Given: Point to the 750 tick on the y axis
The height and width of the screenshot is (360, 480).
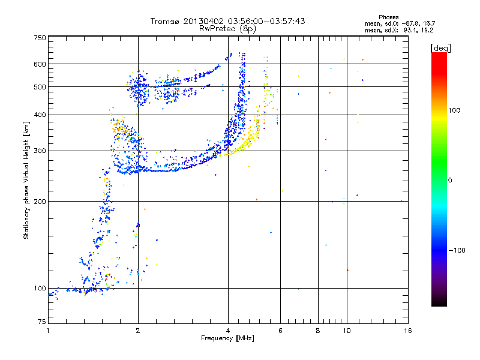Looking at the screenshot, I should point(40,38).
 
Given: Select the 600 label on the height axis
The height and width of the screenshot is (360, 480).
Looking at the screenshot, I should point(40,64).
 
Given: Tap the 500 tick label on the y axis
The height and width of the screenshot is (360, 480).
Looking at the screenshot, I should point(40,87).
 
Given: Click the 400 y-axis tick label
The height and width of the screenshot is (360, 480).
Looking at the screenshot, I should point(40,115).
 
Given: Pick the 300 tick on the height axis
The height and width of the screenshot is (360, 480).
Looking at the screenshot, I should point(40,151).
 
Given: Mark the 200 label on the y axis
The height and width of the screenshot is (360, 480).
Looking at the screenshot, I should point(40,202).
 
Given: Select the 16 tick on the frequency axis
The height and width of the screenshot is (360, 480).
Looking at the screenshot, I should point(407,331).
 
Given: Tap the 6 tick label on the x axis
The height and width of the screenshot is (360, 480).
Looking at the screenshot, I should point(280,331).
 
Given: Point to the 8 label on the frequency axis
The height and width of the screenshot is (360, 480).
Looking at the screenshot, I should point(318,331).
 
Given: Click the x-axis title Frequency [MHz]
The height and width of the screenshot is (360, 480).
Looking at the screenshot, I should point(227,338).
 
